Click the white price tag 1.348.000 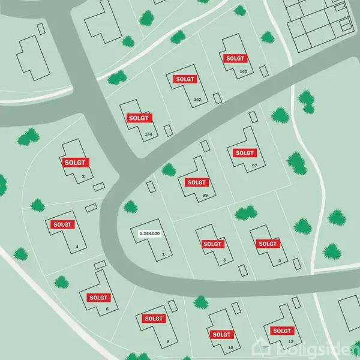[149, 233]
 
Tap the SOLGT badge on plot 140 [235, 58]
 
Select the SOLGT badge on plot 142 [185, 79]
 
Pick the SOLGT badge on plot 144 [139, 118]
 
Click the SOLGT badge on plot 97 [245, 152]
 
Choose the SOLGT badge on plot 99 [196, 182]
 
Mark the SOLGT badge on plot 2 [76, 162]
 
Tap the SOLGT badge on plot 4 [62, 224]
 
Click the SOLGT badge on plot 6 [99, 297]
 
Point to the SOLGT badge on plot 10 [221, 334]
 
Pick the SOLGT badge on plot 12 [282, 331]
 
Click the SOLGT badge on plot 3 [212, 244]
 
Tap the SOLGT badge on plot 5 [268, 244]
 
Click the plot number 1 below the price [163, 254]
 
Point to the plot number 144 [149, 133]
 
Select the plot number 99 [205, 196]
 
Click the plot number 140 [243, 71]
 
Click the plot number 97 [254, 165]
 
